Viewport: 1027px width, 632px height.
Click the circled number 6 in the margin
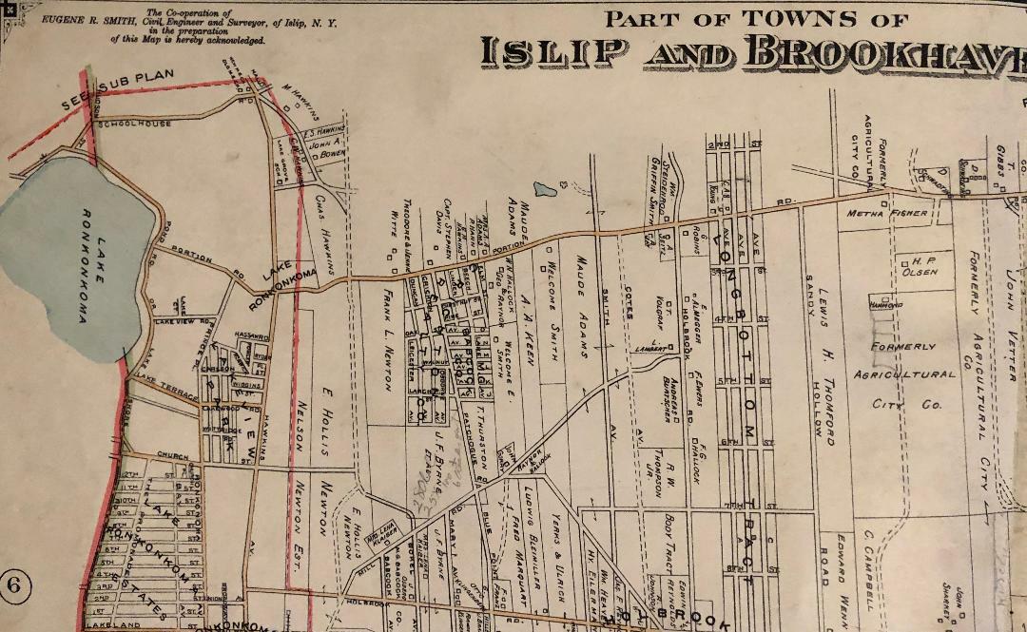pos(13,584)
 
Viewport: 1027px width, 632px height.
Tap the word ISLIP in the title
pos(553,53)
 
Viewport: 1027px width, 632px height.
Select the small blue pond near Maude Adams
pos(546,189)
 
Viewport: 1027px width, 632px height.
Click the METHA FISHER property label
pos(887,214)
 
